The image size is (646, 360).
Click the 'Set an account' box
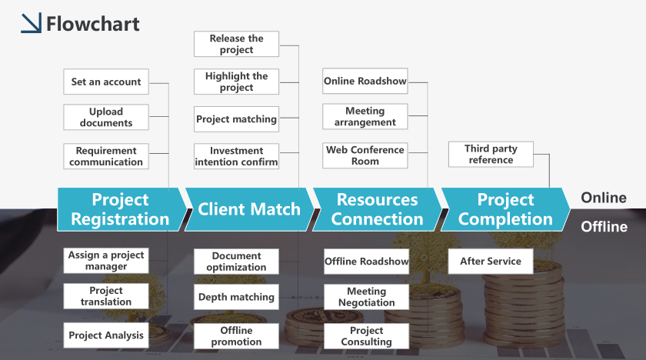click(x=106, y=82)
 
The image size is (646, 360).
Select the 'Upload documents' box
click(x=106, y=117)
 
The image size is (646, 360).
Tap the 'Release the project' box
click(x=237, y=44)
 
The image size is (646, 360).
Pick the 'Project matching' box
click(x=237, y=119)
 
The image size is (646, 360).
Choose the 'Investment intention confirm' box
click(x=237, y=156)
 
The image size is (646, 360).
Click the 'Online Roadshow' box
click(x=365, y=81)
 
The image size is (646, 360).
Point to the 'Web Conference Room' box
click(x=365, y=155)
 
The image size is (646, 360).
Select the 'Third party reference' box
click(x=491, y=154)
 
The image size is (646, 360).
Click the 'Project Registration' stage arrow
click(x=120, y=209)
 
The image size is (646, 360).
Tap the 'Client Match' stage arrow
click(x=250, y=209)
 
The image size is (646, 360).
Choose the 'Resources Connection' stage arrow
click(x=378, y=209)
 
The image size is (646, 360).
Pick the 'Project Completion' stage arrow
click(x=505, y=209)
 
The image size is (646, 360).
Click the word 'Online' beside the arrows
click(x=604, y=198)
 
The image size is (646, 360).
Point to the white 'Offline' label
click(x=604, y=227)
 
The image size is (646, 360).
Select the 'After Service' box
click(x=491, y=261)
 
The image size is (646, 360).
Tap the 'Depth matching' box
click(x=237, y=297)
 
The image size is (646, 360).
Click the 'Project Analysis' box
click(x=106, y=335)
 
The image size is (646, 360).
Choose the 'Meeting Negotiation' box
click(x=366, y=297)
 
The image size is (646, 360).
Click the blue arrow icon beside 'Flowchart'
click(x=32, y=22)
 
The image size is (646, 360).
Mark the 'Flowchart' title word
click(x=93, y=24)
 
